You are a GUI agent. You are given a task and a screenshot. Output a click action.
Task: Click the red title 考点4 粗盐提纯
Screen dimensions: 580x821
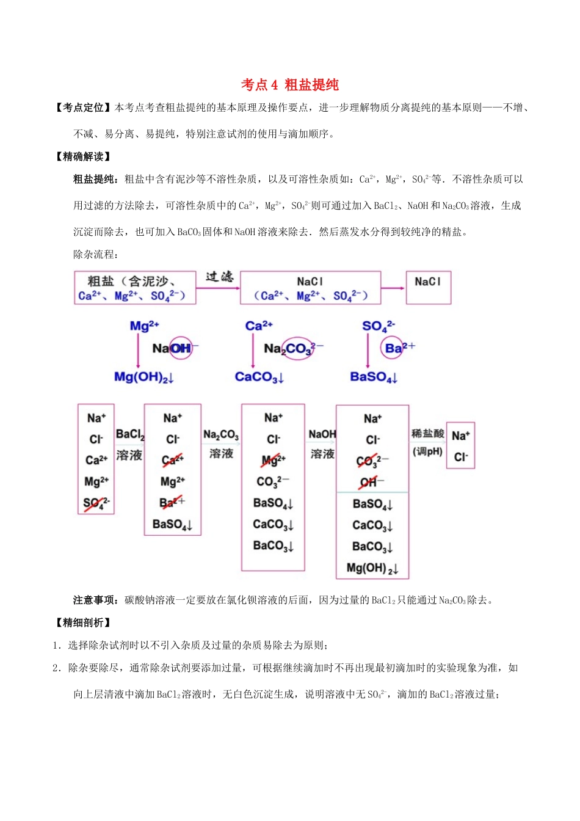pos(289,85)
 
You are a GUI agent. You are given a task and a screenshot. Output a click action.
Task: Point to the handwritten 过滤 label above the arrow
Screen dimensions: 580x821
pos(219,277)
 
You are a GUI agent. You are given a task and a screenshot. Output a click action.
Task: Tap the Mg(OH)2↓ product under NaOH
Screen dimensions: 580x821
pos(144,377)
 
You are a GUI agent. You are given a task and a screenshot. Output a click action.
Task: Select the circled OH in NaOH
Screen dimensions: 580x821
pos(181,348)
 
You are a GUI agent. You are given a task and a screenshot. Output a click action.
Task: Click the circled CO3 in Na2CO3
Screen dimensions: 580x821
pos(299,348)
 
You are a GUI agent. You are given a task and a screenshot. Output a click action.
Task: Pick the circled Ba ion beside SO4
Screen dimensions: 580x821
pos(394,348)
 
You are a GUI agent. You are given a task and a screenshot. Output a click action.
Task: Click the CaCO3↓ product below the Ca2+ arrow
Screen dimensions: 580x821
pos(259,377)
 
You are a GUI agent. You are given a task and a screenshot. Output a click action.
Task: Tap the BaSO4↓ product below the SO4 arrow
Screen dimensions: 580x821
pos(374,377)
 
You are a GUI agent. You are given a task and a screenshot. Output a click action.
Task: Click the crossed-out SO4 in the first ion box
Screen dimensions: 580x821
pos(96,504)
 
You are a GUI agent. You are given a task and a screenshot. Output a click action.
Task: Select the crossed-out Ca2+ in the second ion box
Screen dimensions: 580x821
pos(172,460)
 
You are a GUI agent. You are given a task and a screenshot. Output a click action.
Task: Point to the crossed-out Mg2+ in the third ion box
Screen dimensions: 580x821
pos(273,460)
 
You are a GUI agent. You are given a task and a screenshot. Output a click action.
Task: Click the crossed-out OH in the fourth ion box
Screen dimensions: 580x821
pos(370,483)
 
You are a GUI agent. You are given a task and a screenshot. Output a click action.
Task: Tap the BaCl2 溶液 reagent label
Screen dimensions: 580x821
pos(129,444)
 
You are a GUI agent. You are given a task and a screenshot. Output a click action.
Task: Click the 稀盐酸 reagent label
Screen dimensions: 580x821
pos(427,434)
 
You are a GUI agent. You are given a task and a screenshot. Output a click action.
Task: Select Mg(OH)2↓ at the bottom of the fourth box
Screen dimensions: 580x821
pos(372,568)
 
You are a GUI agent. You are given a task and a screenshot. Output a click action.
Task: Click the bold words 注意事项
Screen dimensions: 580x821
pos(96,600)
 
